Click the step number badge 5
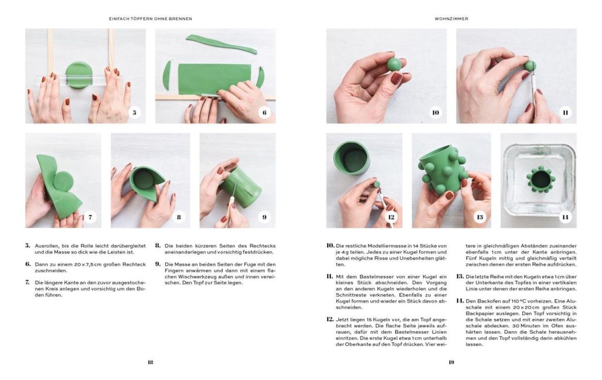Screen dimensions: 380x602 [x=135, y=112]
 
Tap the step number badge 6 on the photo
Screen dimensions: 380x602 [x=264, y=112]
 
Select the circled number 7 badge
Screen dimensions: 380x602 [x=90, y=217]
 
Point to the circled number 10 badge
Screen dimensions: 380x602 [x=435, y=112]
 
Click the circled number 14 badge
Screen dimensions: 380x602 [x=565, y=217]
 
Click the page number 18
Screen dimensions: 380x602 [x=150, y=362]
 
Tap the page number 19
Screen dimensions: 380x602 [x=451, y=362]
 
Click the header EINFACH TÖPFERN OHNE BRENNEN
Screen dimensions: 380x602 [x=150, y=19]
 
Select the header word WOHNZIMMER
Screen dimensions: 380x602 [x=451, y=19]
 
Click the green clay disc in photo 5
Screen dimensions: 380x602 [x=79, y=74]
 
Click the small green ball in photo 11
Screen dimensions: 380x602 [x=530, y=66]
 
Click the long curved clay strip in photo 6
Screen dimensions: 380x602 [x=221, y=43]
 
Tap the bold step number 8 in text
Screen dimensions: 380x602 [x=158, y=246]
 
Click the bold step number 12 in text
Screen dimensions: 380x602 [x=330, y=320]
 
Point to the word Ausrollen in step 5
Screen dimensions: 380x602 [x=45, y=246]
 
